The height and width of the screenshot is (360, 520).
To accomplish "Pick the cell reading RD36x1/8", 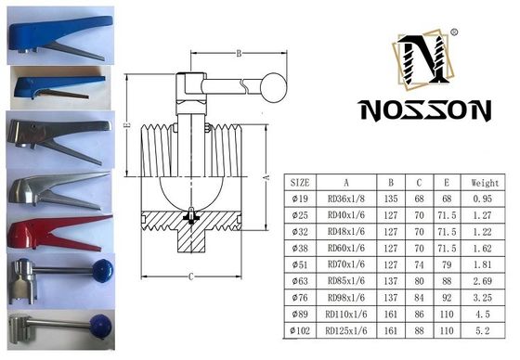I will pos(344,199).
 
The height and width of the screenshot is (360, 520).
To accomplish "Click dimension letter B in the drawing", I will pos(239,53).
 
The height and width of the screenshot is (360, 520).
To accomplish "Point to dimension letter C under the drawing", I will pos(189,276).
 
